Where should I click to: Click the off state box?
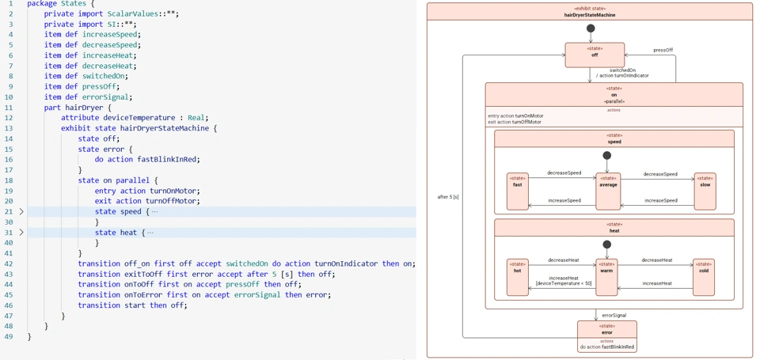pyautogui.click(x=595, y=55)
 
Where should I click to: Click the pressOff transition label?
pyautogui.click(x=663, y=50)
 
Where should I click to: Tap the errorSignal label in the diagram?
pyautogui.click(x=614, y=315)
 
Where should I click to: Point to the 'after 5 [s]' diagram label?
pyautogui.click(x=448, y=196)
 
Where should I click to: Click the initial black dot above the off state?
pyautogui.click(x=591, y=28)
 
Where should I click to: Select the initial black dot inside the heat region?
pyautogui.click(x=606, y=244)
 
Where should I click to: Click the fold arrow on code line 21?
pyautogui.click(x=21, y=212)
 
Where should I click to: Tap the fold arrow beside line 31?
pyautogui.click(x=21, y=233)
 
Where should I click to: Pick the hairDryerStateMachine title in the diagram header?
pyautogui.click(x=590, y=15)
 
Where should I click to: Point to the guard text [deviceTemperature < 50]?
pyautogui.click(x=564, y=283)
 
